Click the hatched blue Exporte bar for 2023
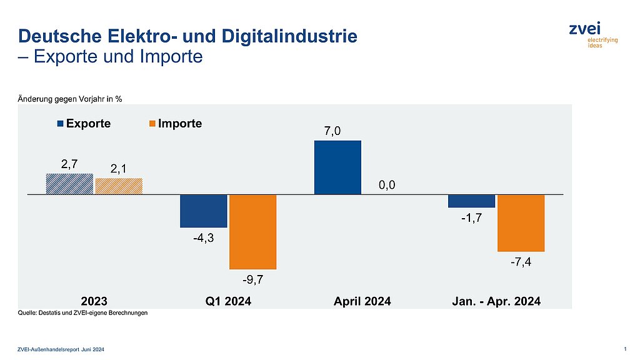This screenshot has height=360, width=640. point(69,184)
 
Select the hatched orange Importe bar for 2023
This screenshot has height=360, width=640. point(119,186)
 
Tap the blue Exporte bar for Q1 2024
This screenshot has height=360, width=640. point(203,211)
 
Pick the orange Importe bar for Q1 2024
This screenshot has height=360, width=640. point(252,232)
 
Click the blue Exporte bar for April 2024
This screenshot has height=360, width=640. point(337,167)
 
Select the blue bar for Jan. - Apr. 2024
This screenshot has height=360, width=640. point(472,201)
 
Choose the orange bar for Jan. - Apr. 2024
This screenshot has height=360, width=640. point(521,223)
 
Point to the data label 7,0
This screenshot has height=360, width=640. point(337,131)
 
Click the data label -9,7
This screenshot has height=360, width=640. point(252,279)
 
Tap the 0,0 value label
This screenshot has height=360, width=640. point(387,185)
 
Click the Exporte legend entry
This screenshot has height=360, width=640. point(84,124)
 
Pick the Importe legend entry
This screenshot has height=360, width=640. point(174,124)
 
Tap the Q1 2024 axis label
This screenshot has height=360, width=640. point(228,301)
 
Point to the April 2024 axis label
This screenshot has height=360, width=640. point(362,301)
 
